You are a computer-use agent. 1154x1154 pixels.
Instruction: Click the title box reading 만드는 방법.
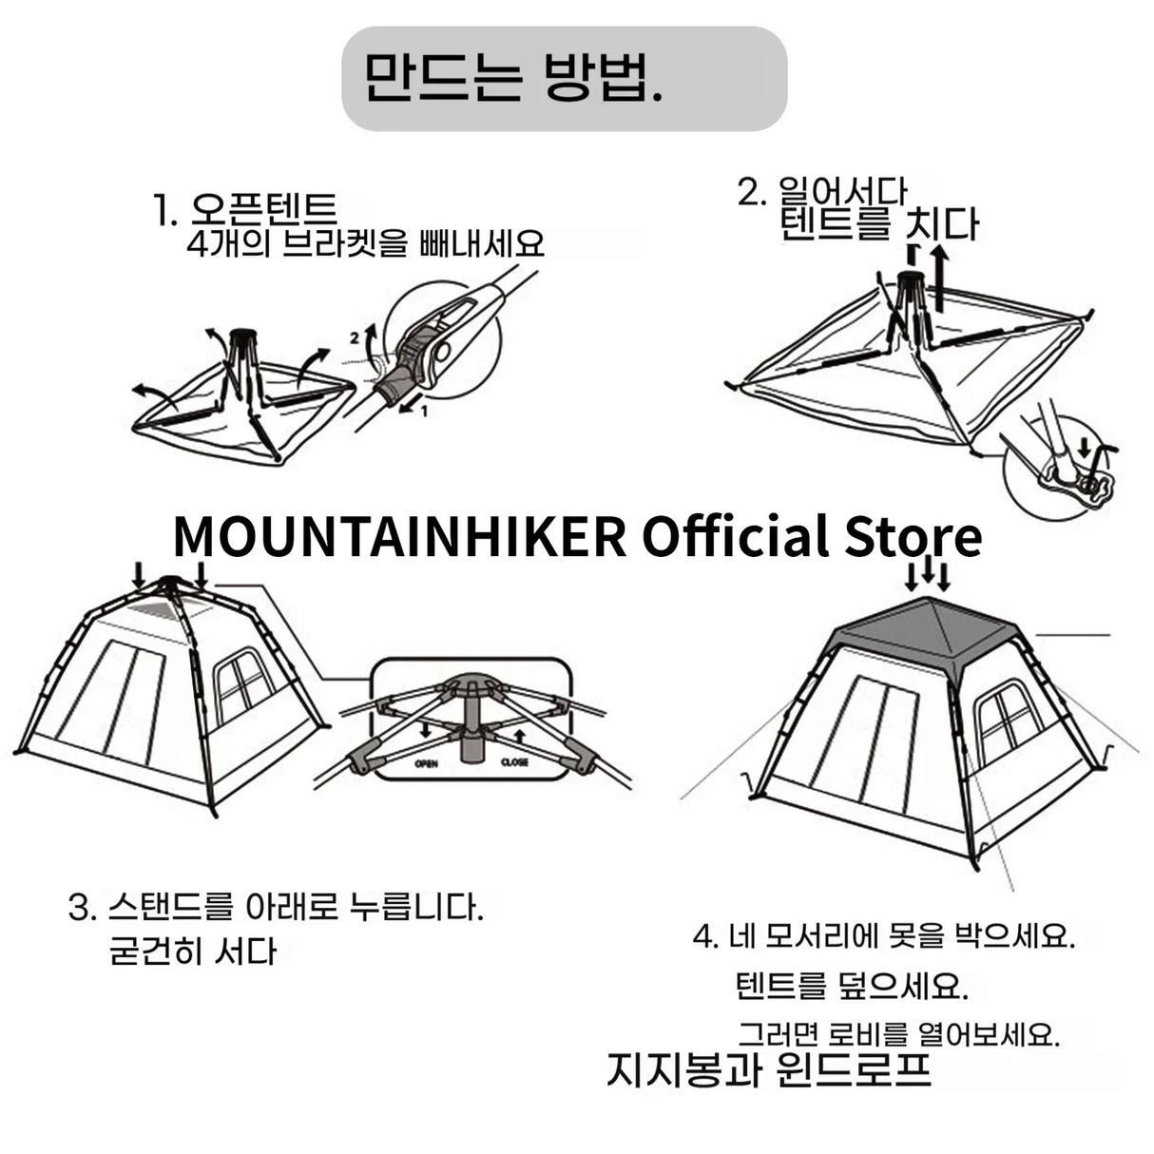pyautogui.click(x=564, y=78)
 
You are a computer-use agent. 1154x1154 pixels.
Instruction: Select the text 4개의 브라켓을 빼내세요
pyautogui.click(x=365, y=244)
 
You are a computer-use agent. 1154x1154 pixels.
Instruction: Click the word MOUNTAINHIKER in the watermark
pyautogui.click(x=399, y=537)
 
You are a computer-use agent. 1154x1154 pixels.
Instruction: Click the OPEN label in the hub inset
pyautogui.click(x=427, y=763)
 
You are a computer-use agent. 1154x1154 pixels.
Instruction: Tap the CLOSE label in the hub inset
pyautogui.click(x=514, y=763)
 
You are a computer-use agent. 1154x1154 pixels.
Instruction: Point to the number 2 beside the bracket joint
pyautogui.click(x=355, y=337)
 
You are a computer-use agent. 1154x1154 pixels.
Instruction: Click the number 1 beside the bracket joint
pyautogui.click(x=424, y=411)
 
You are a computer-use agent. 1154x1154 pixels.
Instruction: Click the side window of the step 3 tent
pyautogui.click(x=243, y=684)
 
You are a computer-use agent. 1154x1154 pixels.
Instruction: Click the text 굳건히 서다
pyautogui.click(x=194, y=951)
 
